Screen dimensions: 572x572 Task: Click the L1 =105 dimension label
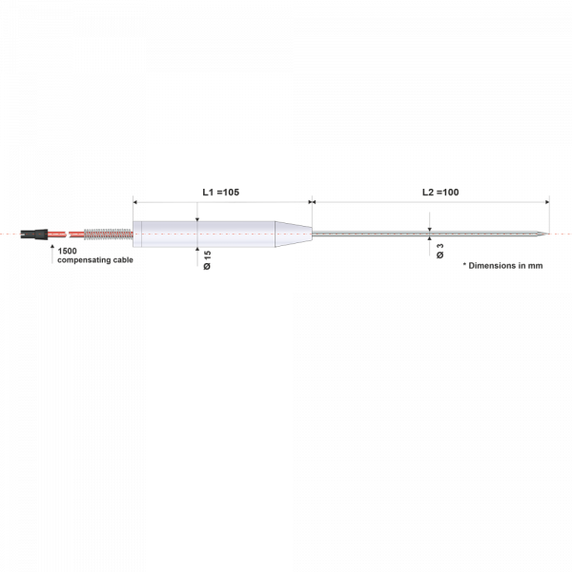tap(221, 193)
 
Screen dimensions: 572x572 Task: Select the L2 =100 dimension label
tap(440, 193)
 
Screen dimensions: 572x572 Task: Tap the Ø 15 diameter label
tap(207, 260)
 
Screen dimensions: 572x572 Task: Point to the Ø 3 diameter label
tap(439, 251)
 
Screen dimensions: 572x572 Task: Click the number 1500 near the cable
tap(67, 251)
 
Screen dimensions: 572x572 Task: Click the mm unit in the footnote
tap(536, 266)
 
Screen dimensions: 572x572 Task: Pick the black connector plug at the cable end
tap(34, 235)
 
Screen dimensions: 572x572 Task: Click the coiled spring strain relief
tap(108, 235)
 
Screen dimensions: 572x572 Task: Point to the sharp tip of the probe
tap(549, 234)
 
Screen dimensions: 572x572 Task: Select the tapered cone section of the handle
tap(294, 235)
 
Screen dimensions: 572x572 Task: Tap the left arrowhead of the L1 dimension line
tap(135, 202)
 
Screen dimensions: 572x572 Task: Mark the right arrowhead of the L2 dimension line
tap(547, 202)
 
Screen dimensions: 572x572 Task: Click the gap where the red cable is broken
tap(68, 234)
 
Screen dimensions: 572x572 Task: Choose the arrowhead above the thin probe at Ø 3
tap(429, 229)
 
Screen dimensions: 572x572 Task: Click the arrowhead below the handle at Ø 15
tap(197, 249)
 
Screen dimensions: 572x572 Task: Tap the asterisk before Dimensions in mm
tap(464, 264)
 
